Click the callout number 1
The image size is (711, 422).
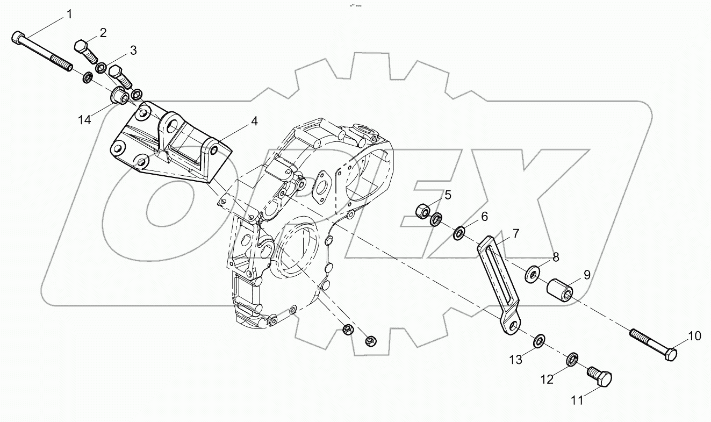69,14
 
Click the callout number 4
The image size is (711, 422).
254,121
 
